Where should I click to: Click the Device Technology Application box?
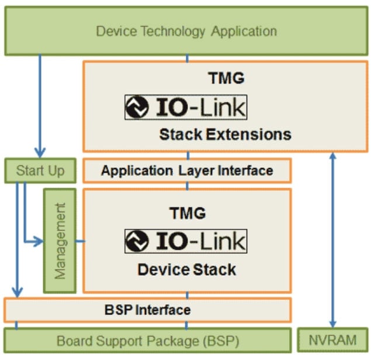pos(186,31)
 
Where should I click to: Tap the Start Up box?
pos(40,171)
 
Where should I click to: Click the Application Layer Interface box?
pos(187,171)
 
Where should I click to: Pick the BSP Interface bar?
pos(148,310)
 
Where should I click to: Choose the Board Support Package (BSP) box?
pos(148,340)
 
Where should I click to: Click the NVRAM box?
pos(333,340)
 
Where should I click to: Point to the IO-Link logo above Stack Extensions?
pos(186,107)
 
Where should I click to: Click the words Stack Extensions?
pos(225,135)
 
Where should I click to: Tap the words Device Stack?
pos(187,270)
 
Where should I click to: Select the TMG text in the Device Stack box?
pos(187,213)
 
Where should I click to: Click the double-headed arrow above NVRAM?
pos(333,239)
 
